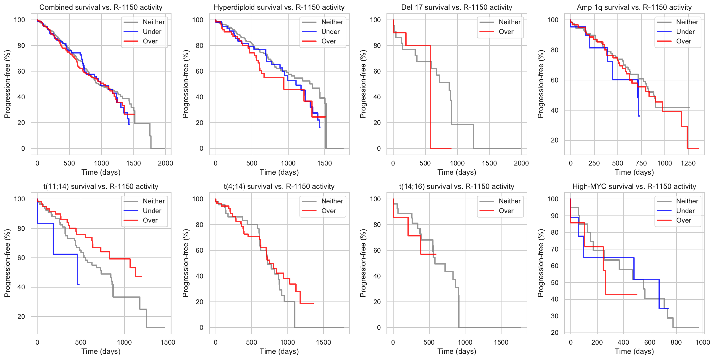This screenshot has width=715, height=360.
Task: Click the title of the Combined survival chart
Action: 101,7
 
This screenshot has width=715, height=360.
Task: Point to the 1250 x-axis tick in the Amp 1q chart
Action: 688,163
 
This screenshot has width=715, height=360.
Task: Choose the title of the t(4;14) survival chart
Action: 279,187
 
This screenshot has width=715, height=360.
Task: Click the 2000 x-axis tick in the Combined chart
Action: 165,163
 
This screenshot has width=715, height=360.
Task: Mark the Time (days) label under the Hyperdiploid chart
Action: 279,172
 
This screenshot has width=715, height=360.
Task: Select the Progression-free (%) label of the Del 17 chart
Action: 363,84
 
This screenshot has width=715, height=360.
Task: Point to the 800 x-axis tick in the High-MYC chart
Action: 676,342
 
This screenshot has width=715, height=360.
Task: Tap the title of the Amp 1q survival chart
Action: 634,7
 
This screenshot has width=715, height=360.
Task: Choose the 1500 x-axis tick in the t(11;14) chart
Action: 168,342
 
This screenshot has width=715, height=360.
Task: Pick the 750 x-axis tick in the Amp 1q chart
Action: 641,163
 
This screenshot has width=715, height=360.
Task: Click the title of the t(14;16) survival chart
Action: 457,187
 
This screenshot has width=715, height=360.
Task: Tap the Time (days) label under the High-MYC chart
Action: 634,351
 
